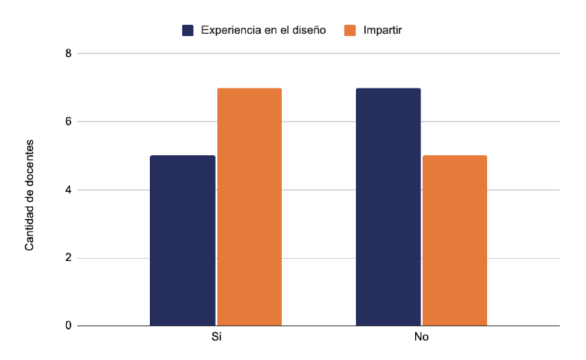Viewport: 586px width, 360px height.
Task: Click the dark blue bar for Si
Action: pos(182,241)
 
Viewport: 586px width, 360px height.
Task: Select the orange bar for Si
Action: pos(250,207)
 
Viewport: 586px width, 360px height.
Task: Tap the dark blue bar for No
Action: pos(388,207)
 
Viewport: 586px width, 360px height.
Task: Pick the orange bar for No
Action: pos(455,241)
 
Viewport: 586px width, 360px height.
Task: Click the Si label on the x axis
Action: pos(216,337)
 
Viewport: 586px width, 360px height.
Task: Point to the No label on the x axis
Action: pos(421,337)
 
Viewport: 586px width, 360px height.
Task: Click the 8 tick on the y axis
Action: pos(68,53)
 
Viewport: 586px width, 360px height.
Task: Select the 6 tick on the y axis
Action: pos(68,121)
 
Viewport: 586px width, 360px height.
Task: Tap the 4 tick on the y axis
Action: pos(68,190)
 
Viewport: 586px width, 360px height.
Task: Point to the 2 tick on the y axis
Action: pos(68,258)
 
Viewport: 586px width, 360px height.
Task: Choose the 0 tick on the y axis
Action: pos(68,325)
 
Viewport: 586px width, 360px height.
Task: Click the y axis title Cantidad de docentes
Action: pos(30,194)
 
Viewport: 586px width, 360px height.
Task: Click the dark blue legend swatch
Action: pos(188,30)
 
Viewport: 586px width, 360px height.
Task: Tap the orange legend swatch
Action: pos(350,30)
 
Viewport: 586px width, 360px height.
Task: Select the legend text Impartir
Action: pos(383,30)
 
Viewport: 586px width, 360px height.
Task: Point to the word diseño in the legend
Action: pos(307,30)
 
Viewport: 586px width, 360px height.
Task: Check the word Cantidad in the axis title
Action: pos(30,229)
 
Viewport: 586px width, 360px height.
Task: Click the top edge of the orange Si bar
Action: pos(250,88)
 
